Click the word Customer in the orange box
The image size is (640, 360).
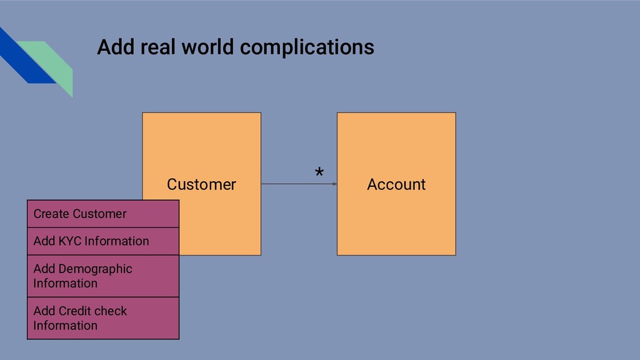pyautogui.click(x=201, y=184)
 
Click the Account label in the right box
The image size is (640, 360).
pyautogui.click(x=396, y=184)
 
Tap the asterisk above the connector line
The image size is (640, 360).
pyautogui.click(x=319, y=173)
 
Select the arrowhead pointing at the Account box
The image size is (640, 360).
pyautogui.click(x=334, y=184)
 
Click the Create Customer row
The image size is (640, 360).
pyautogui.click(x=103, y=214)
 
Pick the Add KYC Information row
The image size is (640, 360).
pyautogui.click(x=103, y=241)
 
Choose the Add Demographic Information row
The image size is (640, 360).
pyautogui.click(x=103, y=276)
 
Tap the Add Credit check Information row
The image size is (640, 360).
pyautogui.click(x=103, y=318)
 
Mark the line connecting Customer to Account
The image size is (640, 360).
pyautogui.click(x=294, y=184)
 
